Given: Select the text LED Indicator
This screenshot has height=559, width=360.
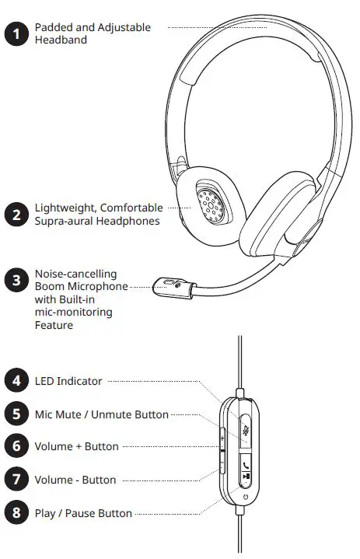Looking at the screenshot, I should tap(68, 381).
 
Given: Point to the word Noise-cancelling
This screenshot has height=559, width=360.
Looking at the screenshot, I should tap(75, 274).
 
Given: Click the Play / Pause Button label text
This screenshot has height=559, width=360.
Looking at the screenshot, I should tap(83, 513).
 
